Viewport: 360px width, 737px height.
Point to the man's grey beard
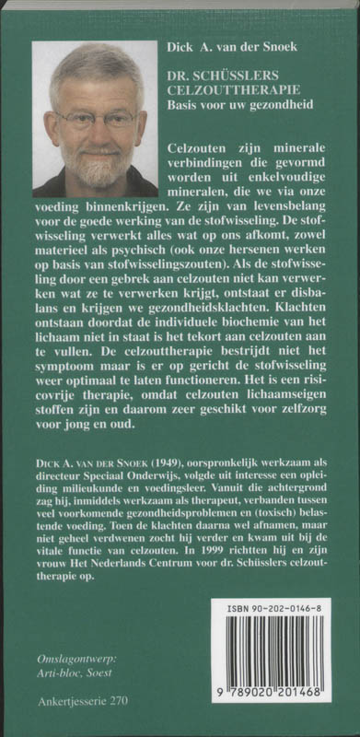[x=96, y=166]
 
